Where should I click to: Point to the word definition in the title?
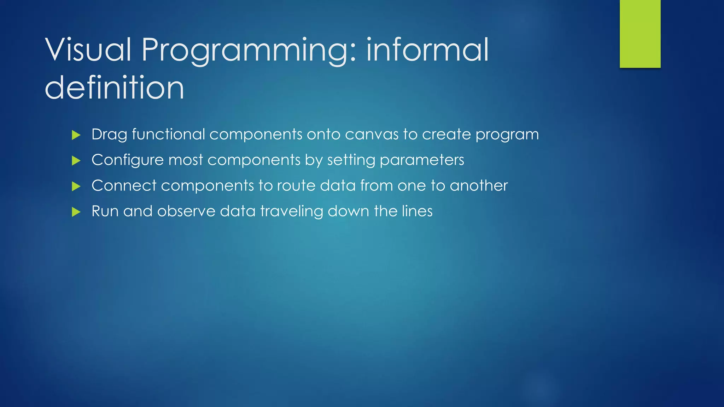(x=115, y=87)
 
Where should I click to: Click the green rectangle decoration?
(x=640, y=34)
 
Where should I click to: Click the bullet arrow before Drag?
(x=76, y=135)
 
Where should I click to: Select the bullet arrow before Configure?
(x=76, y=161)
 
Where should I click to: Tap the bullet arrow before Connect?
(x=76, y=186)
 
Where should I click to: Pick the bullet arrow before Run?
(x=76, y=212)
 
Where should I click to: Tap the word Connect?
(x=124, y=186)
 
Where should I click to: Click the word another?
(x=479, y=186)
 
